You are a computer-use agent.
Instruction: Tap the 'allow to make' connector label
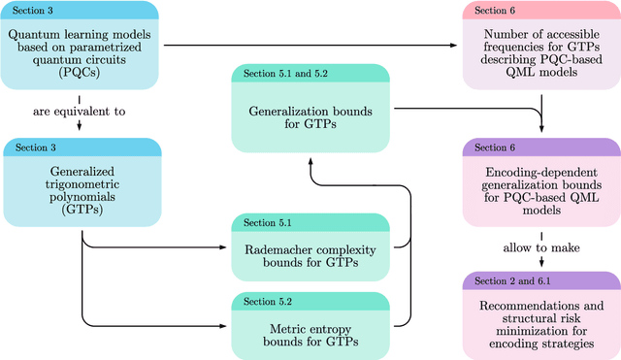[540, 247]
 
